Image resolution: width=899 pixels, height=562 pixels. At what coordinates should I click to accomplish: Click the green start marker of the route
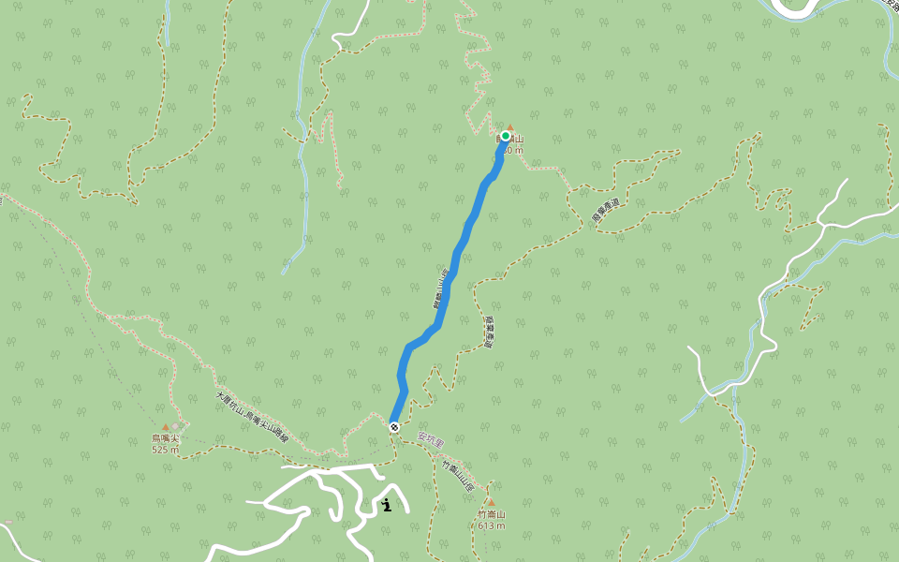(x=505, y=136)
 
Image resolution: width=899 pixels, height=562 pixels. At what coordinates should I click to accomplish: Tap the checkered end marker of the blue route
(x=394, y=427)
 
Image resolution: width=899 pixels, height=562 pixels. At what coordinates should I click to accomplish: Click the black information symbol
(x=387, y=506)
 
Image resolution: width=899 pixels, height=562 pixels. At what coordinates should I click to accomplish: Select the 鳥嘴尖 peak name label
(x=165, y=438)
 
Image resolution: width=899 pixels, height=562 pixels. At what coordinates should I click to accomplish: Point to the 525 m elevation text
(x=165, y=450)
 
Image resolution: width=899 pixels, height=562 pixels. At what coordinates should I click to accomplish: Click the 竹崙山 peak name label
(x=491, y=514)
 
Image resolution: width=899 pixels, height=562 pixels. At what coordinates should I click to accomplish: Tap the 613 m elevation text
(x=491, y=525)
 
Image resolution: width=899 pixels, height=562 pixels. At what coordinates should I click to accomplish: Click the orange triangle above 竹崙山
(x=490, y=502)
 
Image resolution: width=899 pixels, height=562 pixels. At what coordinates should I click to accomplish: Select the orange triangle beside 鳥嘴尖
(x=166, y=427)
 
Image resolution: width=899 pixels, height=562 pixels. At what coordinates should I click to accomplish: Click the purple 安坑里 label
(x=430, y=438)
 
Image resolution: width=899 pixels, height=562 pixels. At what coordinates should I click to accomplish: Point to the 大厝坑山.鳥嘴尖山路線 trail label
(x=253, y=418)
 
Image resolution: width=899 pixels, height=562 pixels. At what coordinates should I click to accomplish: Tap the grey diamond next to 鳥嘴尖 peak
(x=175, y=426)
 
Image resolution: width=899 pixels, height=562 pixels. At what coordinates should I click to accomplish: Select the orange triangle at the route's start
(x=510, y=127)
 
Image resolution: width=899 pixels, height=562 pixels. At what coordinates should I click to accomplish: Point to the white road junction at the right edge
(x=825, y=224)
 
